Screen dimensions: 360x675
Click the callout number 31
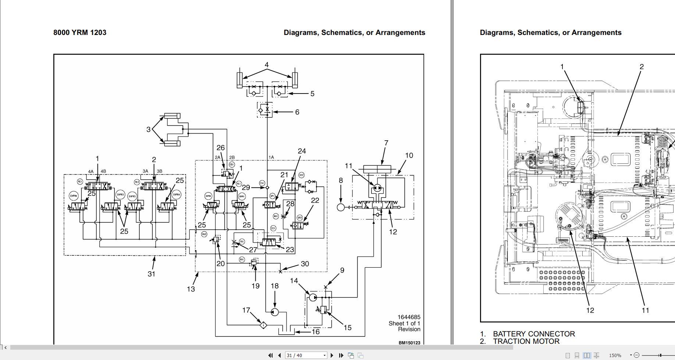click(151, 274)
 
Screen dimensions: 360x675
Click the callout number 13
click(191, 289)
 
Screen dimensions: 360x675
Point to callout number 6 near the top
click(297, 112)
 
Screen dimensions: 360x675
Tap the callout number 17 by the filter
click(246, 310)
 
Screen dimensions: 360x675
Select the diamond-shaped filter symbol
click(263, 325)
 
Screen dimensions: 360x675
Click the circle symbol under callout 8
click(341, 207)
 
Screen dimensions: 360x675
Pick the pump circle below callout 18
click(274, 312)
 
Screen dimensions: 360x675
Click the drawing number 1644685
click(409, 317)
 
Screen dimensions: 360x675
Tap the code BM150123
click(409, 343)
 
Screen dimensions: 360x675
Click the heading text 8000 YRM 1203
click(80, 32)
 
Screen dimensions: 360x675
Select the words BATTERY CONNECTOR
click(534, 334)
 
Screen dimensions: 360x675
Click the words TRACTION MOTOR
click(526, 341)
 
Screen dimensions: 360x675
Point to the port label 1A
click(271, 157)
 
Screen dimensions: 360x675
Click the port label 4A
click(91, 171)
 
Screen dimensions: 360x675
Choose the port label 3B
click(159, 171)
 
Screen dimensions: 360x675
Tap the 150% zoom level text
click(615, 355)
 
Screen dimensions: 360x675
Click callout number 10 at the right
click(409, 155)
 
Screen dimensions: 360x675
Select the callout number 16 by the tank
click(316, 332)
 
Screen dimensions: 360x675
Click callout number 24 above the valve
click(302, 151)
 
